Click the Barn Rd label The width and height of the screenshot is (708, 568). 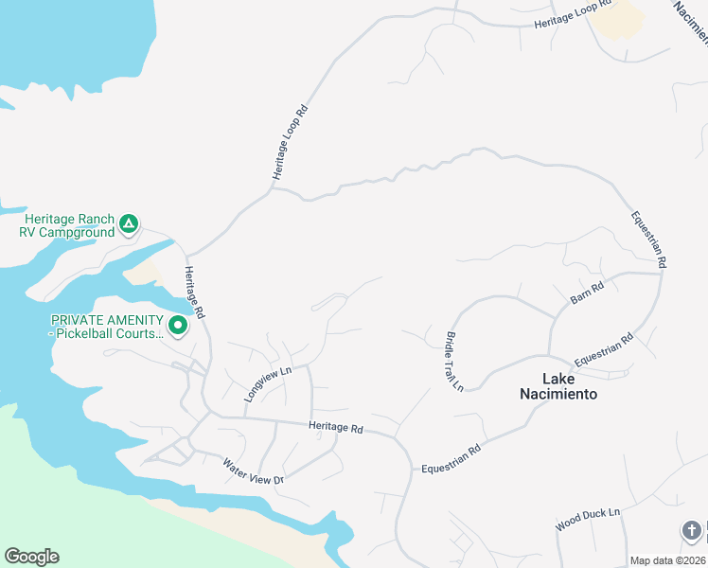click(587, 293)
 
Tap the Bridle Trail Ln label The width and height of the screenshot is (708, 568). click(454, 361)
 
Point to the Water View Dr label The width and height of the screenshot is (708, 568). click(253, 471)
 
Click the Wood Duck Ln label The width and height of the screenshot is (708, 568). click(587, 519)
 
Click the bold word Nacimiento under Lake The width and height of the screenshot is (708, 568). click(559, 394)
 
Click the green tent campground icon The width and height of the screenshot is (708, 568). click(129, 225)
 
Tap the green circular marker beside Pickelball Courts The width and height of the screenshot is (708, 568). click(177, 327)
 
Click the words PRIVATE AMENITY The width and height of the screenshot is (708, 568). click(105, 321)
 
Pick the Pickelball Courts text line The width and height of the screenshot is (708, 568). click(110, 334)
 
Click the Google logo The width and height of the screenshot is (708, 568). click(31, 557)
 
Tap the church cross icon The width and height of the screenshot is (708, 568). click(692, 530)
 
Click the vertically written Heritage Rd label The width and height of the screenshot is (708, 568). click(194, 292)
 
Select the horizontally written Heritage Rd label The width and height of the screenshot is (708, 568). click(336, 428)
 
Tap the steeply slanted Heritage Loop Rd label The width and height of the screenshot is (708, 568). click(291, 142)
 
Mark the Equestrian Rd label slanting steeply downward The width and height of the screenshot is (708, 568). click(650, 239)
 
